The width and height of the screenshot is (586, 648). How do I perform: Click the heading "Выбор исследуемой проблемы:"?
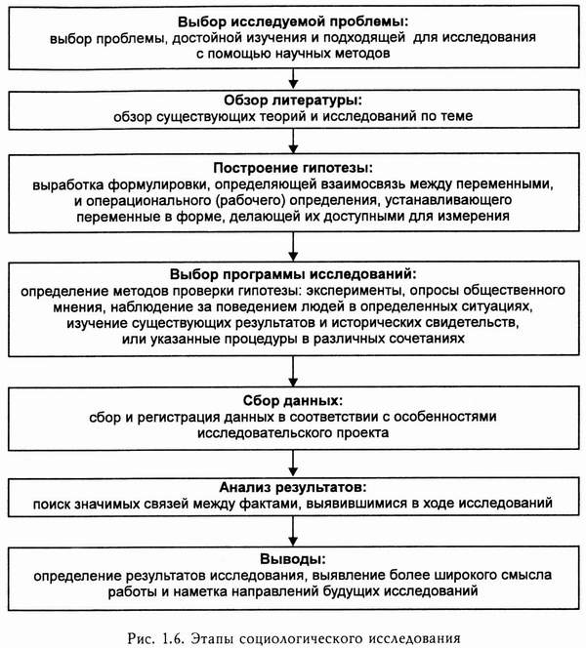pyautogui.click(x=292, y=21)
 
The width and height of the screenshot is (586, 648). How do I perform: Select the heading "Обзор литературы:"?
pyautogui.click(x=292, y=101)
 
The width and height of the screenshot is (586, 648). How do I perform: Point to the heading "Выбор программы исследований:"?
pyautogui.click(x=292, y=273)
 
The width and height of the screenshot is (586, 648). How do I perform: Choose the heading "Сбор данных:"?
pyautogui.click(x=292, y=401)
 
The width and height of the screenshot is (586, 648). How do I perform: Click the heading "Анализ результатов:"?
pyautogui.click(x=292, y=485)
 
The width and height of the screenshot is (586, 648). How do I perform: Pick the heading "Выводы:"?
pyautogui.click(x=292, y=558)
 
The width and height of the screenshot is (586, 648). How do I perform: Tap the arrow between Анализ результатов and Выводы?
pyautogui.click(x=292, y=532)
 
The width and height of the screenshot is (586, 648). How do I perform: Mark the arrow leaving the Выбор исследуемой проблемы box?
pyautogui.click(x=292, y=77)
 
